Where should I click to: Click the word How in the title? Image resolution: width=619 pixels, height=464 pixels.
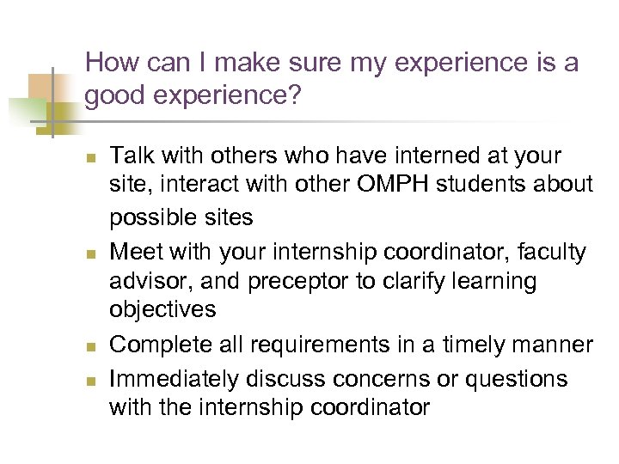coord(108,63)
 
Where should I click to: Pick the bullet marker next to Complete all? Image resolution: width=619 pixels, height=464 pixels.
coord(92,346)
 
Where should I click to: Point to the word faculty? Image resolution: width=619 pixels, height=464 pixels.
coord(547,253)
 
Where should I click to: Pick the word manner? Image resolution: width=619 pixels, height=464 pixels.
coord(553,345)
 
